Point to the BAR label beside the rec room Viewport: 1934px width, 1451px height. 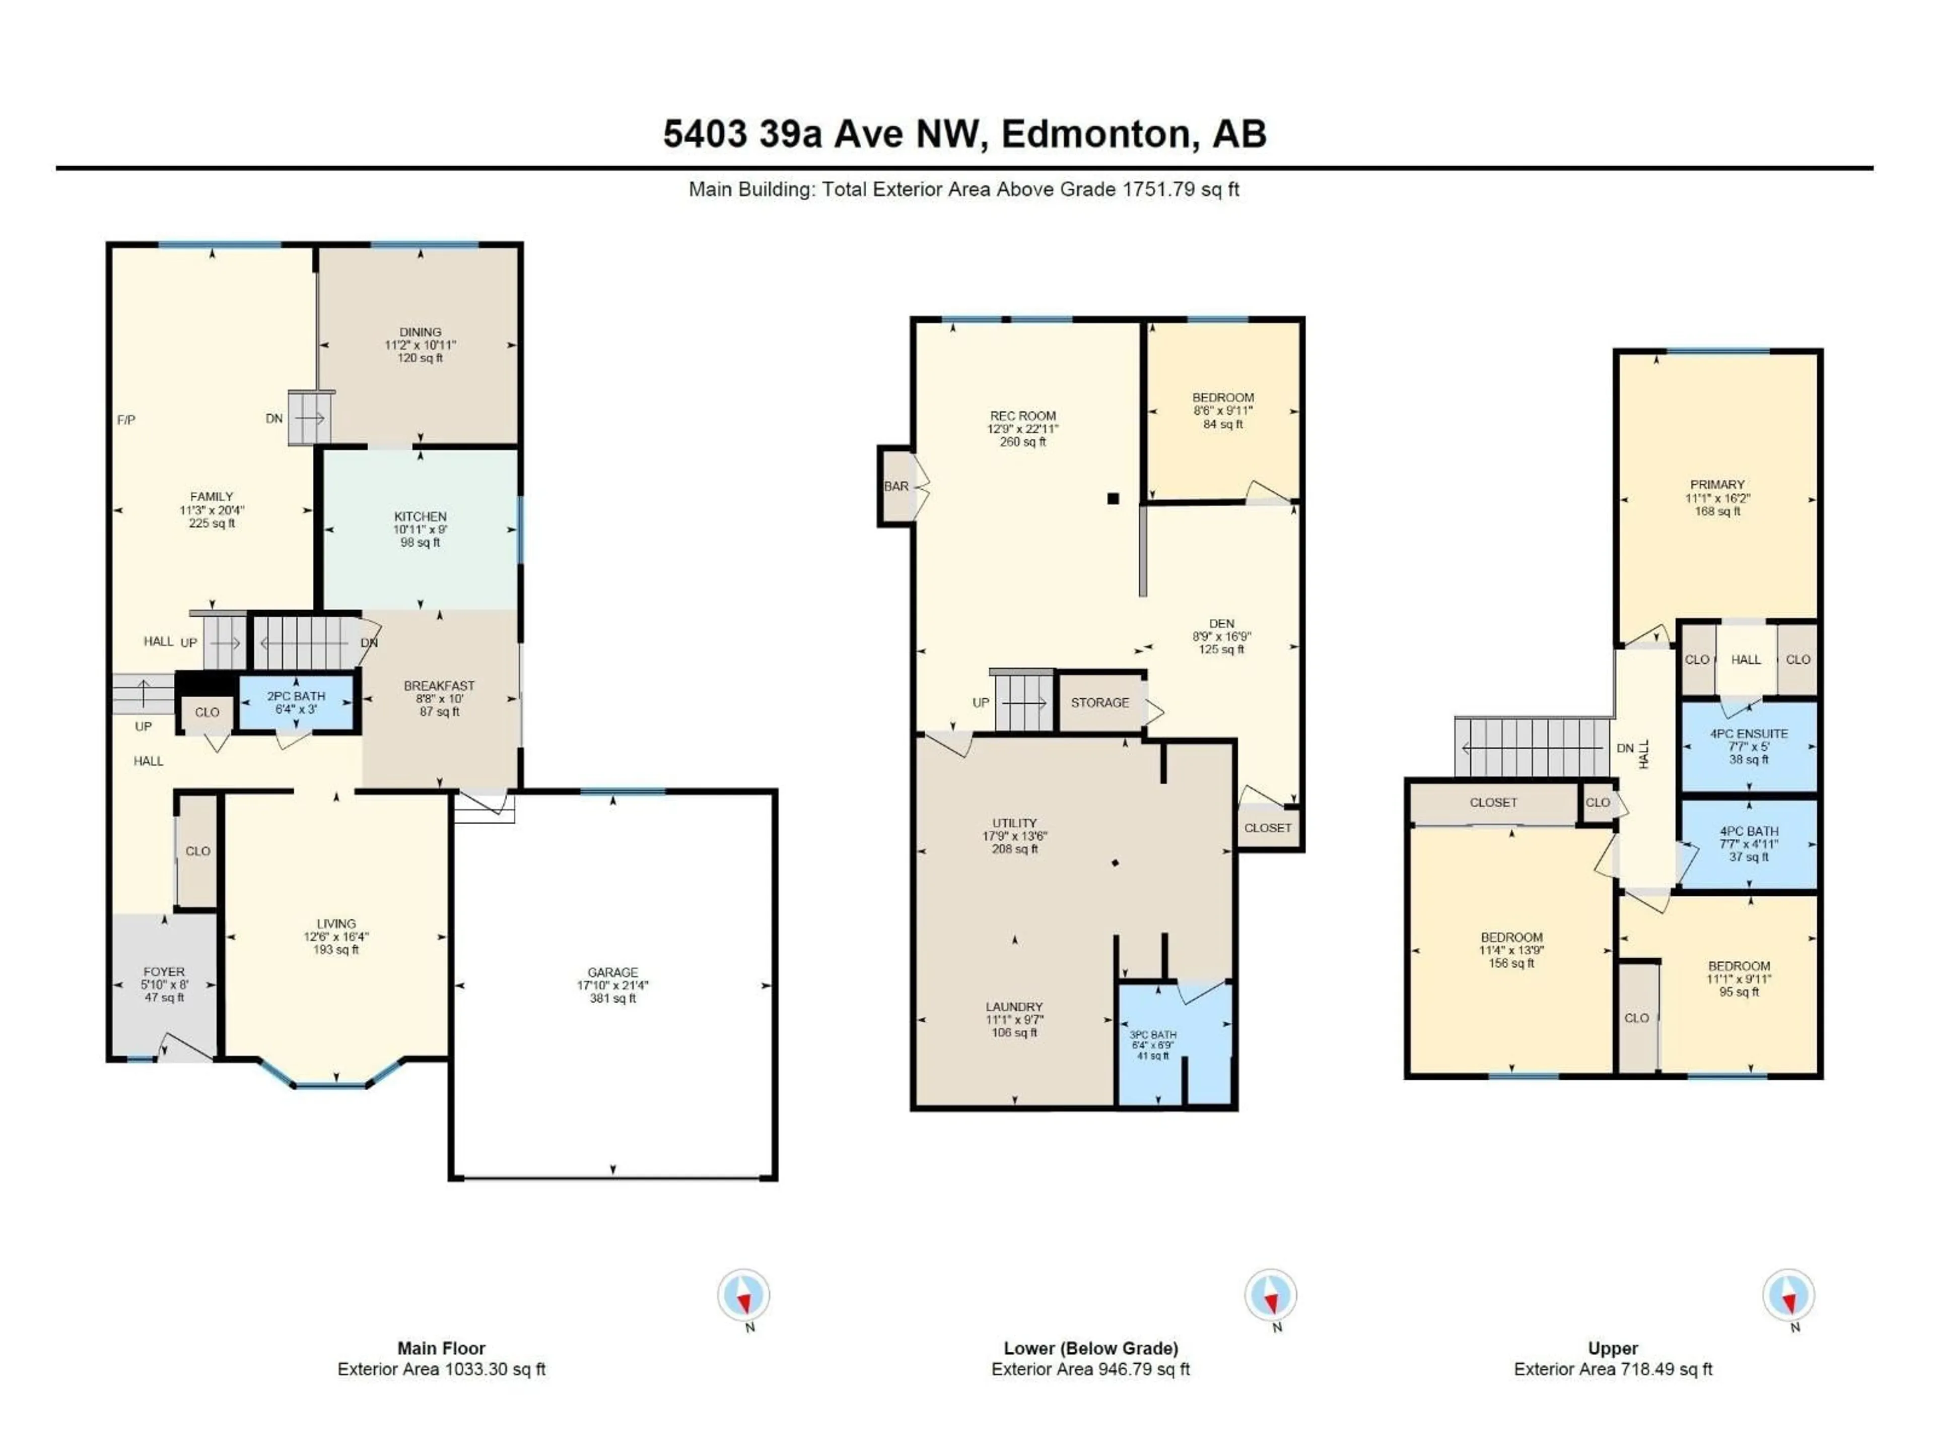896,486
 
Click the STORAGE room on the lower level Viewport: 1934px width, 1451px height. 1100,702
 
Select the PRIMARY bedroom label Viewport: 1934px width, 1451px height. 1717,485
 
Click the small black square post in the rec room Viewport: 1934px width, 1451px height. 1113,499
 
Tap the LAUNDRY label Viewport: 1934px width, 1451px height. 1014,1007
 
